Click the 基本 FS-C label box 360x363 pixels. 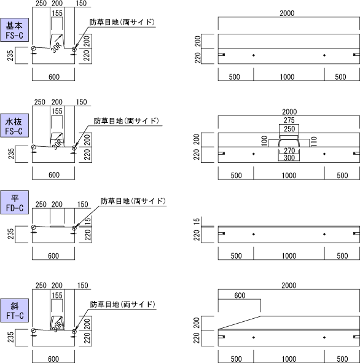14,30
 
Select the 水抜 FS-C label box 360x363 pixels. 14,125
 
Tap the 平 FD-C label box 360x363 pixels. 14,202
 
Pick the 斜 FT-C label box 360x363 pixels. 14,310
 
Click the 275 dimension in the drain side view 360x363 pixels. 289,120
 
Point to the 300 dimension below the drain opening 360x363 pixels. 289,158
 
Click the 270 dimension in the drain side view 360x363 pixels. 289,150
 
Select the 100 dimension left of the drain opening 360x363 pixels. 264,141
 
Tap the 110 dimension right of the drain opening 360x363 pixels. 313,141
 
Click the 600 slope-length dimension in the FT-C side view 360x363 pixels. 240,295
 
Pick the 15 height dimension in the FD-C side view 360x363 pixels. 197,221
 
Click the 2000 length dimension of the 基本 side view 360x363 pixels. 287,13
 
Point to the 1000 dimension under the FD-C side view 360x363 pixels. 289,256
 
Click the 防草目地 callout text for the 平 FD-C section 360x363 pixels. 133,201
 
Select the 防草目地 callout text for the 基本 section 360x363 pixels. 122,22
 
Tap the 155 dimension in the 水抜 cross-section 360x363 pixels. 57,111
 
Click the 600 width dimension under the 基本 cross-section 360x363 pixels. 54,77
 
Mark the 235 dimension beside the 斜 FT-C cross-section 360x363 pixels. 11,337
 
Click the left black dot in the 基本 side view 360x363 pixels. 254,55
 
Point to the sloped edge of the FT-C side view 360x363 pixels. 240,322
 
